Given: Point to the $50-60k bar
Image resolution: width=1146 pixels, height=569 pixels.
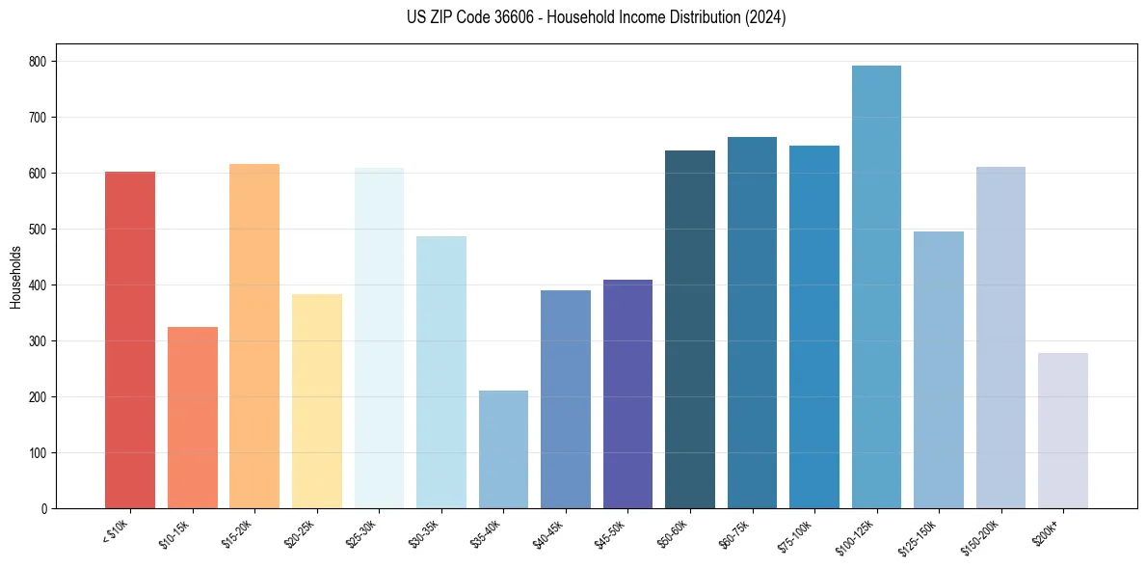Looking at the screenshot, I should [690, 329].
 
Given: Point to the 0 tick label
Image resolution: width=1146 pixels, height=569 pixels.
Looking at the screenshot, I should [47, 508].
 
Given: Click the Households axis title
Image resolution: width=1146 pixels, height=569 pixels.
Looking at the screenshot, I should [16, 276].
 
